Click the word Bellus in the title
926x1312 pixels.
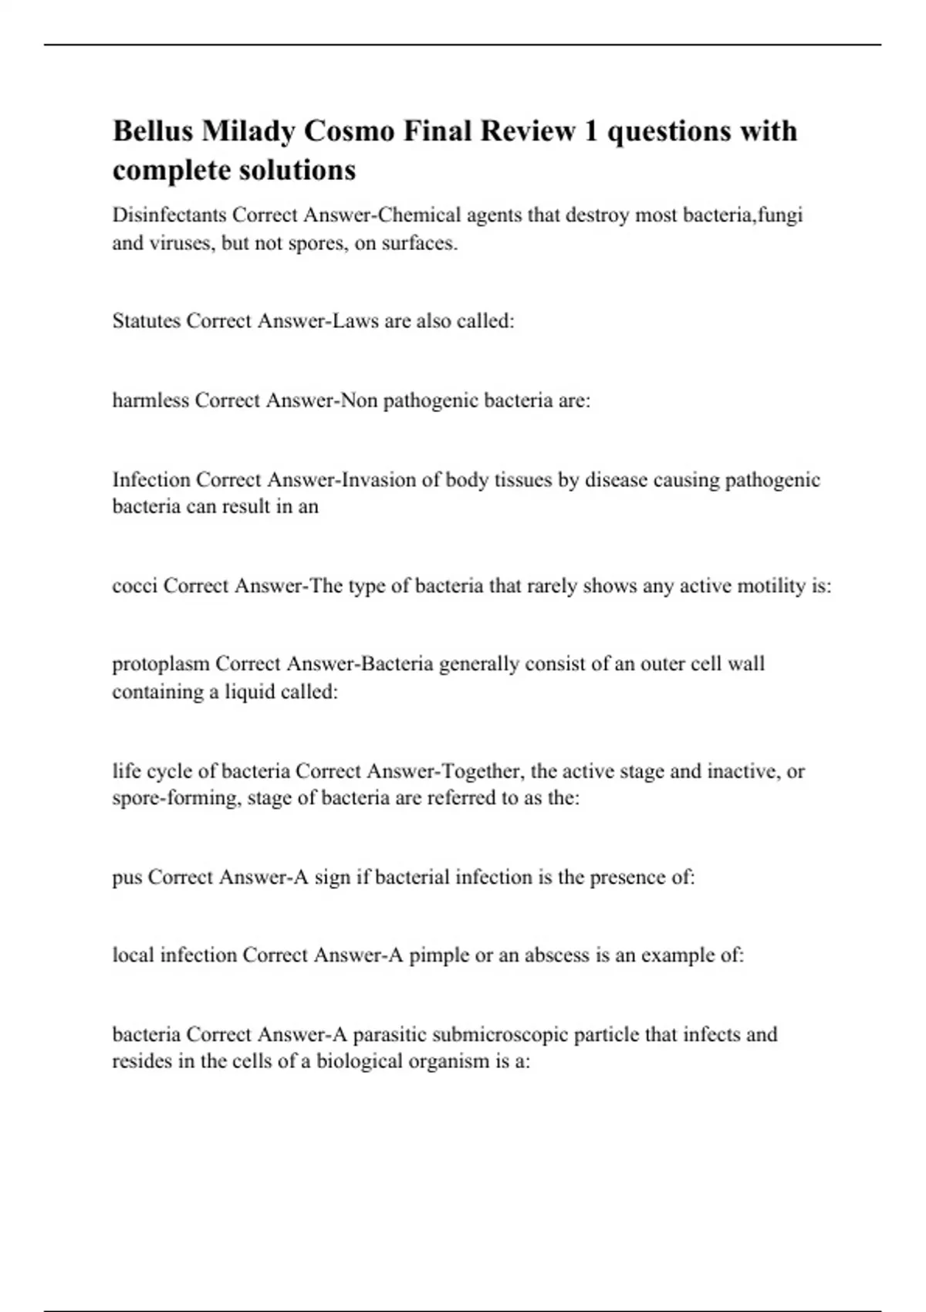click(153, 131)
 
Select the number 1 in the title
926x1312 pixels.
click(591, 131)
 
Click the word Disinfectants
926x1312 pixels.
click(169, 215)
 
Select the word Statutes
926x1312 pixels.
click(146, 321)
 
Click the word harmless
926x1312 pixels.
click(150, 401)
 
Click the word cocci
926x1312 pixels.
click(135, 587)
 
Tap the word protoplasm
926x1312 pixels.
click(161, 664)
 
